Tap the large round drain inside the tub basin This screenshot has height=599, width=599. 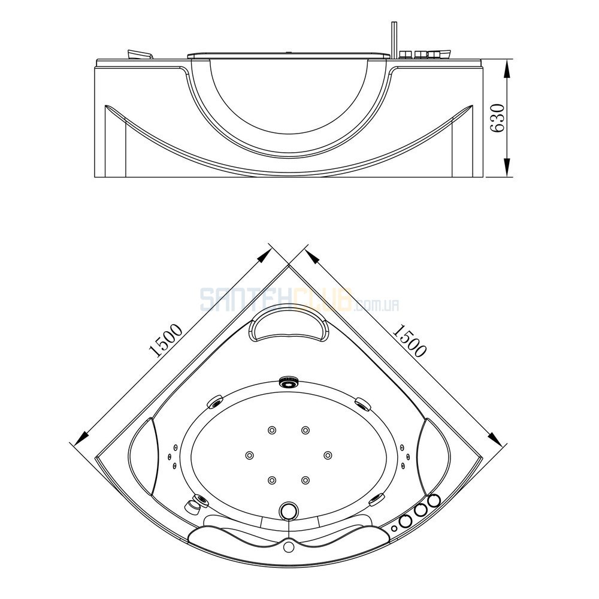click(289, 510)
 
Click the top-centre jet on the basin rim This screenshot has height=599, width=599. click(289, 381)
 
